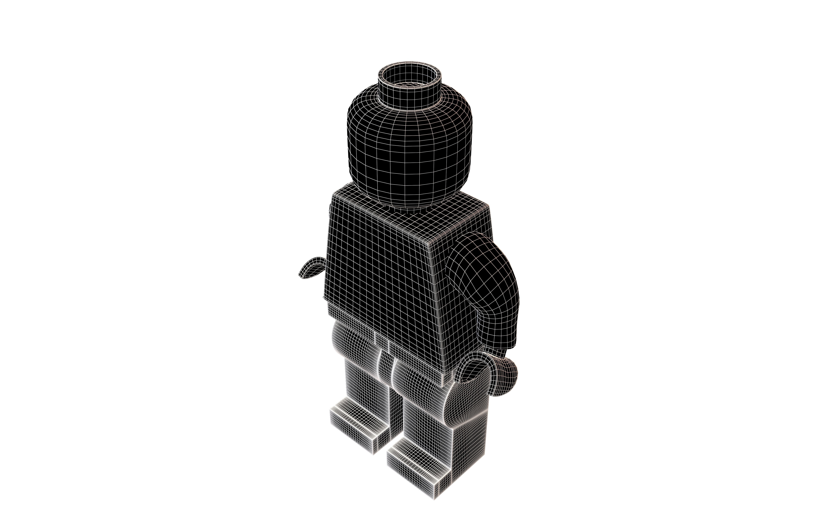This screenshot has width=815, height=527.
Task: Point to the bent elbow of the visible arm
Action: [x=503, y=328]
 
